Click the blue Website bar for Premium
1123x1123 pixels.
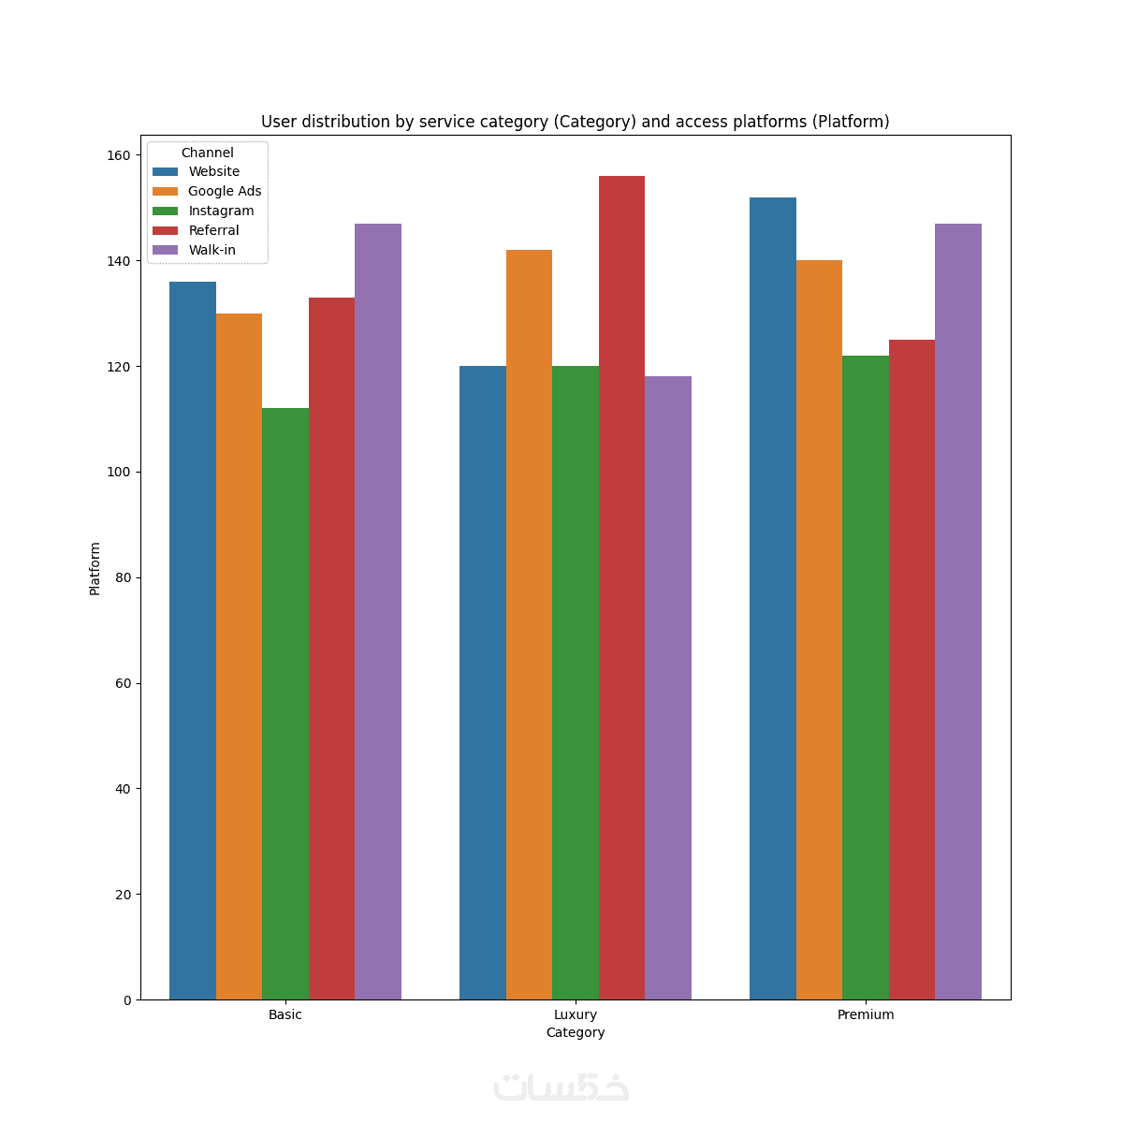click(x=773, y=598)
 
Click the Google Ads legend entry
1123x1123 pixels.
click(x=225, y=191)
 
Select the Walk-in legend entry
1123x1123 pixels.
click(x=211, y=250)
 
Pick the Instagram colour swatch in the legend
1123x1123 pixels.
click(x=166, y=211)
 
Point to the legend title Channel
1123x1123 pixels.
click(x=208, y=153)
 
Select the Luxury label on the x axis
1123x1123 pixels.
click(x=576, y=1014)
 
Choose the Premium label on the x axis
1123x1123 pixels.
click(x=866, y=1014)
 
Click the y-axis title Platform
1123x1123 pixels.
click(x=95, y=568)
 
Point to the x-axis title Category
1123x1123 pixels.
click(x=576, y=1032)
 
